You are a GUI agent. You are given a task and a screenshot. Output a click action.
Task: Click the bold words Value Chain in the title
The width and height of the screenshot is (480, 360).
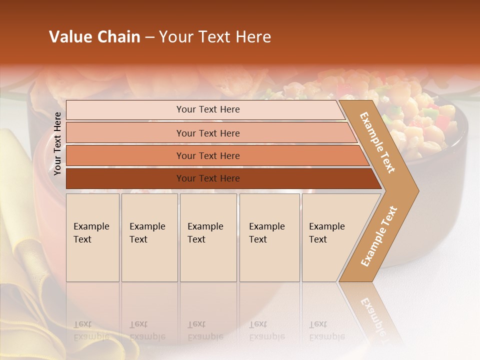[94, 37]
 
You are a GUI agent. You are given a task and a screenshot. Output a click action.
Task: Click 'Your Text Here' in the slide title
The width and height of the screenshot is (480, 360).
[215, 37]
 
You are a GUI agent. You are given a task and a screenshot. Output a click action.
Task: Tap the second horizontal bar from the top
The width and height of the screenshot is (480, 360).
[207, 133]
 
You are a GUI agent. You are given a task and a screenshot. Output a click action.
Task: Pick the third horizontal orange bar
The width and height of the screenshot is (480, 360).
[207, 155]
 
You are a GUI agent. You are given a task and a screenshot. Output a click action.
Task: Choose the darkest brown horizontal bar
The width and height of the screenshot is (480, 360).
[207, 178]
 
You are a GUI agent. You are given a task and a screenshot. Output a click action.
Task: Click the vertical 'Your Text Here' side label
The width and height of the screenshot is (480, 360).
[57, 144]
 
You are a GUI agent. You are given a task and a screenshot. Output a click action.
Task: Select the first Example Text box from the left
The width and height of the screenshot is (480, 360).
[92, 237]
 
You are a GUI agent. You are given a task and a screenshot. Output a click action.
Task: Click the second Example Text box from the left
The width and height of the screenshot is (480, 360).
[149, 237]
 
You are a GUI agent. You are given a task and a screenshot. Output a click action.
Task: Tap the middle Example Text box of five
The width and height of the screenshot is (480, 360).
[208, 237]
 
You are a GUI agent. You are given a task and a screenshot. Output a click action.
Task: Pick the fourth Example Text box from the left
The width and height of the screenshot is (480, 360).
[269, 237]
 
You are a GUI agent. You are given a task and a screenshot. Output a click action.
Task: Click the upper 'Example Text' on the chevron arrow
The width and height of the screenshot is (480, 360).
[377, 142]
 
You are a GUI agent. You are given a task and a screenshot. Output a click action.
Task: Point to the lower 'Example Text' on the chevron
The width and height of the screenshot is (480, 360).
[379, 236]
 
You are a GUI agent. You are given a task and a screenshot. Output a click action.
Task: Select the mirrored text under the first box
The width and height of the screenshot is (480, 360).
[91, 330]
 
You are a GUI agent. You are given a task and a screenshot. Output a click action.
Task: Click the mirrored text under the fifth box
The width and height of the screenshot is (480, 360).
[327, 330]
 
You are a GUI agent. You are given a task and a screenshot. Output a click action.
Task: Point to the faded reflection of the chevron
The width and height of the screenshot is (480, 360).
[372, 312]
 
